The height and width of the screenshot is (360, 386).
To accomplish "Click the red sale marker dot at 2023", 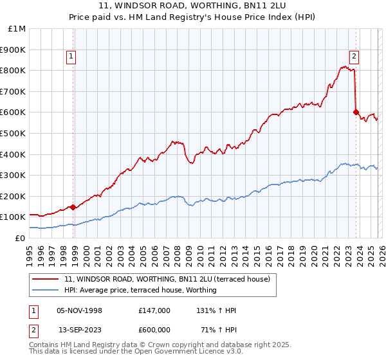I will pos(356,112).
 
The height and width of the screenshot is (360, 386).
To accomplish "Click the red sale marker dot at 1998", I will pos(73,207).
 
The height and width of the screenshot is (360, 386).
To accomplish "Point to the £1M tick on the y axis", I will pos(17,29).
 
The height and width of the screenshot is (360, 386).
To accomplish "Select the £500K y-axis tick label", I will pos(14,134).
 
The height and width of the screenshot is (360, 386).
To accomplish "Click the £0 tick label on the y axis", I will pos(20,238).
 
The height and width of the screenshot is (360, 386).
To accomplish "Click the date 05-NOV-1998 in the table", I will pos(79,310).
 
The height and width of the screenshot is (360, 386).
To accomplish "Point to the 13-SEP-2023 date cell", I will pos(80,328).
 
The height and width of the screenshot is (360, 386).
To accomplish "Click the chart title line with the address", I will pos(192,6).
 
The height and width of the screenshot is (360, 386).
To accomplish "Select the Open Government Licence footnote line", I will pos(136,354).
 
